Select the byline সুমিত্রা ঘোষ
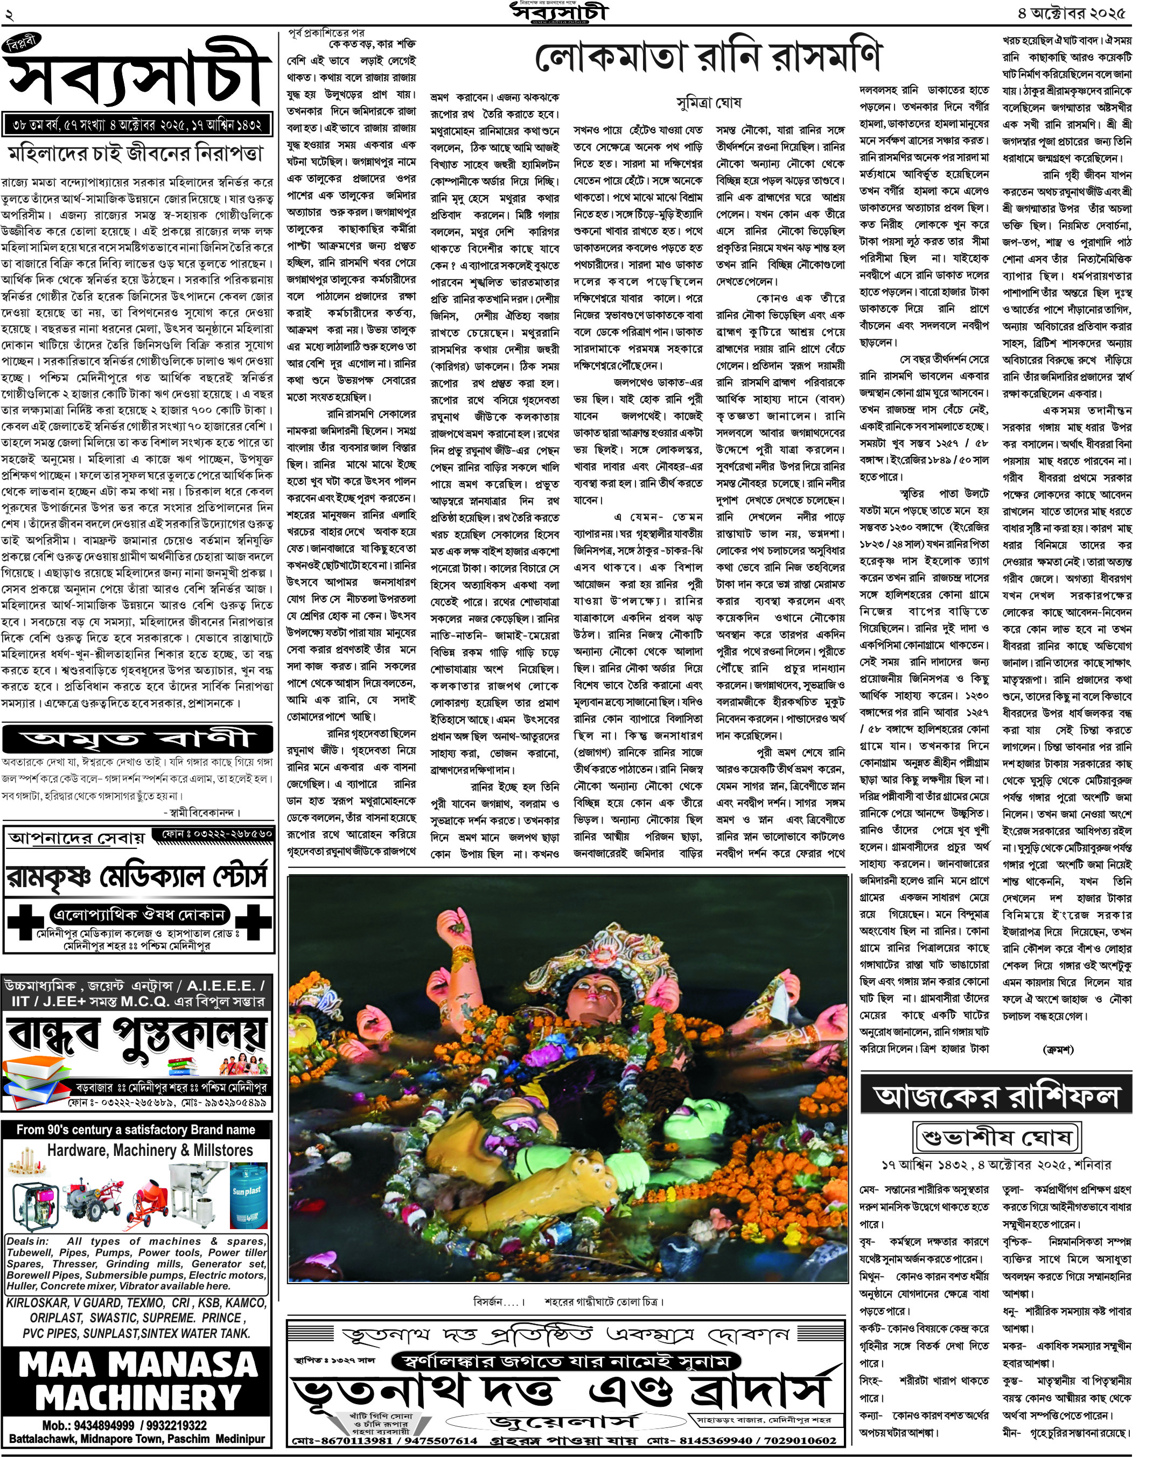click(708, 103)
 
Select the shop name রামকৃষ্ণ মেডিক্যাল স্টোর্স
click(138, 876)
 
